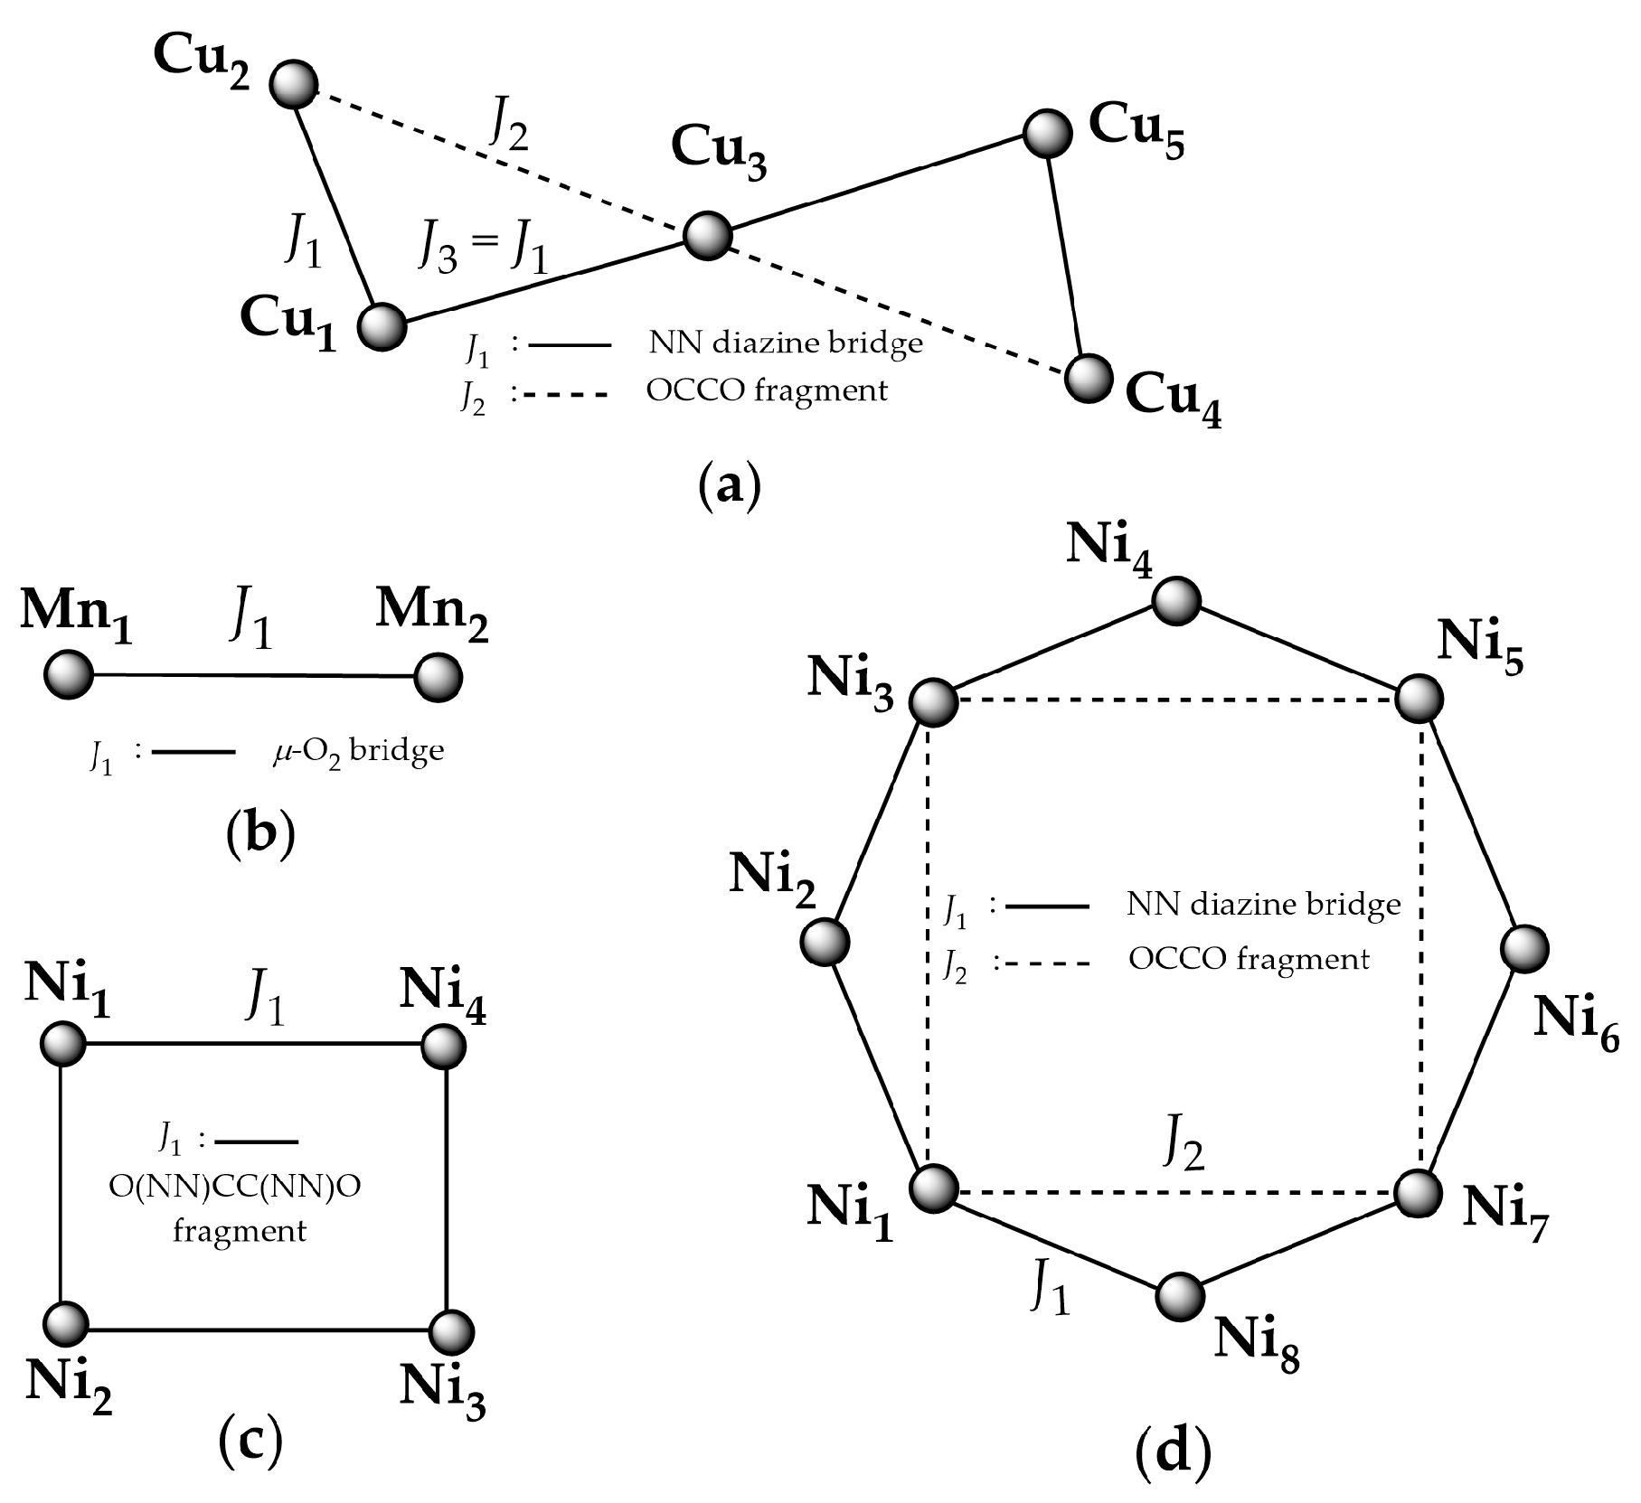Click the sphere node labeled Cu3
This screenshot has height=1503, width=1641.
pos(708,237)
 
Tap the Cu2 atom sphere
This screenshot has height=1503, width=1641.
pos(294,84)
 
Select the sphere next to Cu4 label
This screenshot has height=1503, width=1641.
pos(1088,378)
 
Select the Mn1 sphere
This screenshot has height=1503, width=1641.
pos(69,675)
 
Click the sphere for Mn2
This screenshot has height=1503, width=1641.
pos(439,677)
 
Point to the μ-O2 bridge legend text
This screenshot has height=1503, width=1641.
pos(359,751)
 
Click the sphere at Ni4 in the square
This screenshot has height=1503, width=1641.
pos(444,1047)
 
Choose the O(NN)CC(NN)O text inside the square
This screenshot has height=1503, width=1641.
pos(235,1188)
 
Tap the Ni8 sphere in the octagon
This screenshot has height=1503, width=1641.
pos(1180,1296)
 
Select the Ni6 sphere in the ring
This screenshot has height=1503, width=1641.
pos(1524,949)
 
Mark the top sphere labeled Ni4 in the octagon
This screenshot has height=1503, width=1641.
pos(1176,600)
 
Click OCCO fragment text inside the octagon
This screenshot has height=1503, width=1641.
pos(1249,959)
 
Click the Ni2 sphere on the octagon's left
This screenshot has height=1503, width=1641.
pos(825,941)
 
